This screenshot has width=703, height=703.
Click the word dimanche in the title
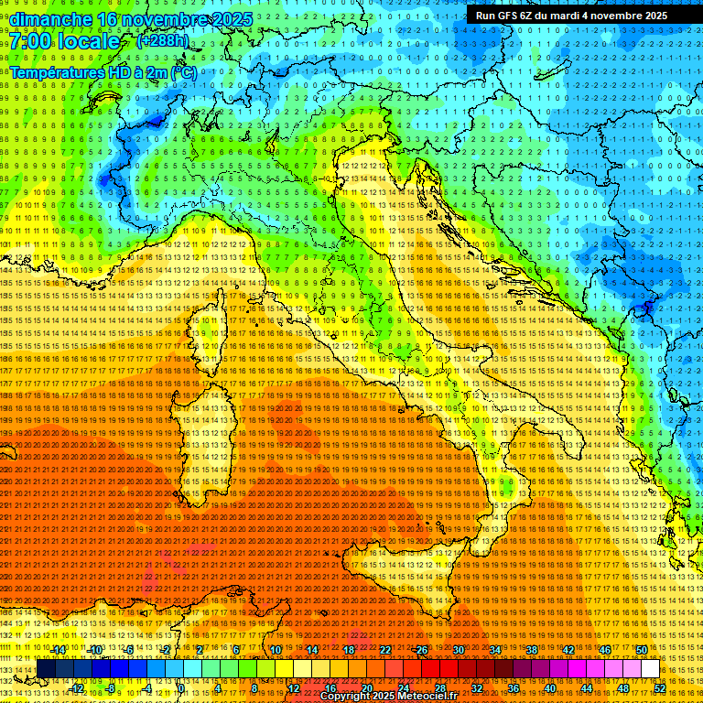coord(51,19)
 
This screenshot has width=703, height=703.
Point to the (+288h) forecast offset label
coord(162,41)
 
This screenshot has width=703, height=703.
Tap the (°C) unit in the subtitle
coord(182,71)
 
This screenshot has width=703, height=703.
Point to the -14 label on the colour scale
coord(58,650)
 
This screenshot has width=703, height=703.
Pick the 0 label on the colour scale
coord(180,688)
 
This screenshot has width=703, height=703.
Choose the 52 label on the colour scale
coord(660,688)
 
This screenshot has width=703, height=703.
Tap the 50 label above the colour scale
coord(642,650)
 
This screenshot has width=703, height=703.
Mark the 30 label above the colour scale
coord(459,650)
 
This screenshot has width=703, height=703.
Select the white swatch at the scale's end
coord(650,669)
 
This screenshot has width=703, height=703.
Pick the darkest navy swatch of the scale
coord(46,669)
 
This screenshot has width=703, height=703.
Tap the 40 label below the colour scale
coord(550,688)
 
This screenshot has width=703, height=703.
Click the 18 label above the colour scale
coord(349,650)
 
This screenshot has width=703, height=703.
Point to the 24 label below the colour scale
coord(404,688)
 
